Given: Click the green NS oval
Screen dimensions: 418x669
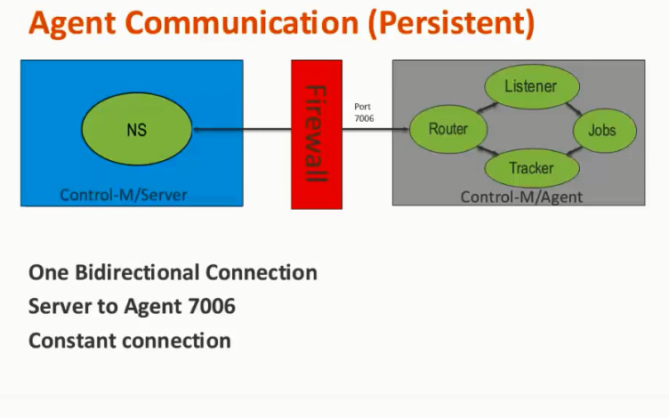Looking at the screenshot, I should pyautogui.click(x=136, y=131).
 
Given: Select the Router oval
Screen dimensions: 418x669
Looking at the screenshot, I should pyautogui.click(x=447, y=130).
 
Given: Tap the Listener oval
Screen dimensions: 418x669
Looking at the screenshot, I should pyautogui.click(x=531, y=87).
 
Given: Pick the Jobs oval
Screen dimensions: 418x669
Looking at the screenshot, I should pyautogui.click(x=601, y=131).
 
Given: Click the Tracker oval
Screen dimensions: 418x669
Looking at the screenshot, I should pyautogui.click(x=531, y=168).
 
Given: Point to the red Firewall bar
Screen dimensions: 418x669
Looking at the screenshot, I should pyautogui.click(x=317, y=134).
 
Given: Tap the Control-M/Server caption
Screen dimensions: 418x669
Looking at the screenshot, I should pyautogui.click(x=124, y=194).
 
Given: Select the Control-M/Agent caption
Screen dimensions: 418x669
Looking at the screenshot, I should pyautogui.click(x=521, y=197).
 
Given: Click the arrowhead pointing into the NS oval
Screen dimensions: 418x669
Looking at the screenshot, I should pyautogui.click(x=196, y=131).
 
